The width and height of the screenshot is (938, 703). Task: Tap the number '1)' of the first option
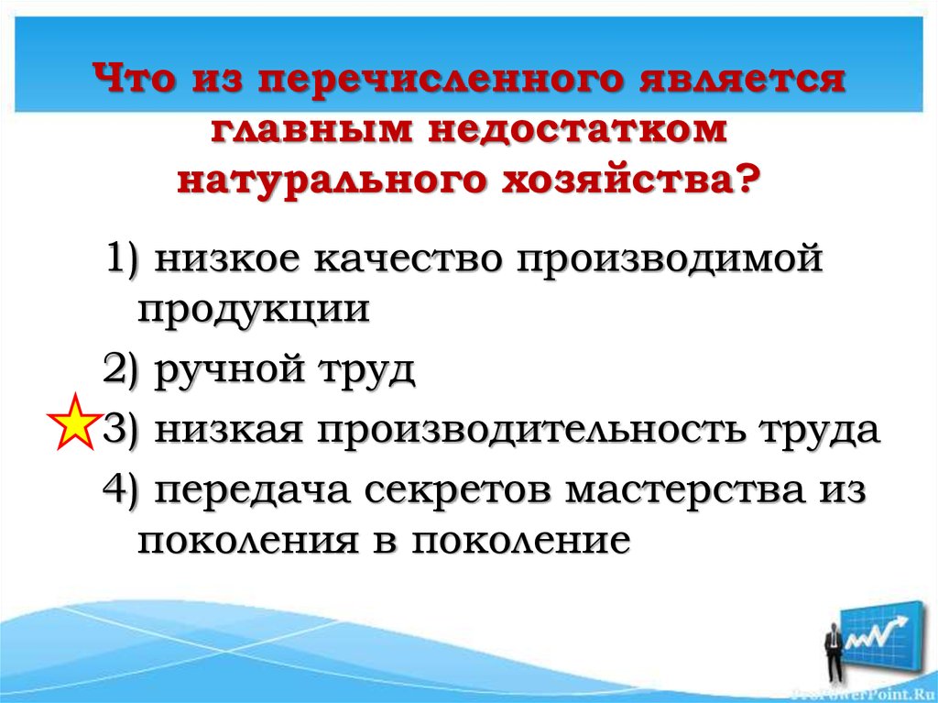pyautogui.click(x=122, y=259)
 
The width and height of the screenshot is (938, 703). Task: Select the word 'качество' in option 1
pyautogui.click(x=411, y=259)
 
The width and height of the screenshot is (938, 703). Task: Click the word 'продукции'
pyautogui.click(x=254, y=309)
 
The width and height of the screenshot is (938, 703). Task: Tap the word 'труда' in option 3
pyautogui.click(x=819, y=429)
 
